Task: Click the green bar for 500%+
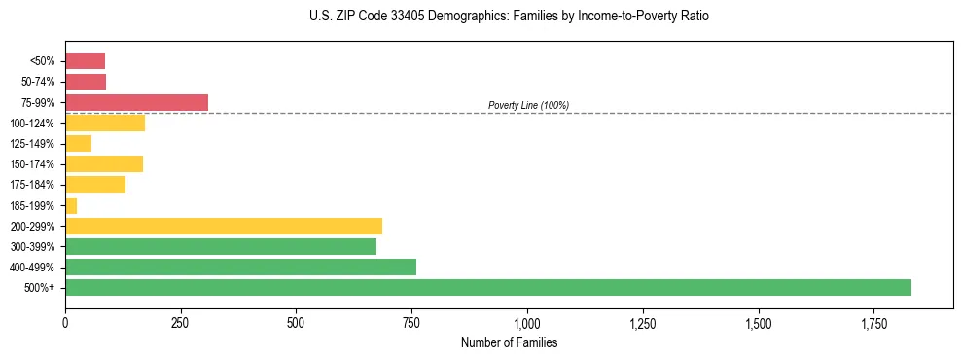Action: [x=487, y=287]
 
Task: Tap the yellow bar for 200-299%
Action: [x=223, y=226]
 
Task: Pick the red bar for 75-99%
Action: [x=136, y=102]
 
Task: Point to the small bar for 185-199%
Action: [x=71, y=205]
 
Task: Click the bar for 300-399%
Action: [x=220, y=246]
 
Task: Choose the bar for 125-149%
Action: [x=78, y=144]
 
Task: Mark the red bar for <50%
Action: [x=85, y=61]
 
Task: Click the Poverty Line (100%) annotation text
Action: [x=528, y=105]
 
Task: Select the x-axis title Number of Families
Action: [x=509, y=342]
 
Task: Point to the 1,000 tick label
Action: [x=527, y=322]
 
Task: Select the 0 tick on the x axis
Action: [x=65, y=322]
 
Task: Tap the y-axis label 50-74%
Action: [x=38, y=82]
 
